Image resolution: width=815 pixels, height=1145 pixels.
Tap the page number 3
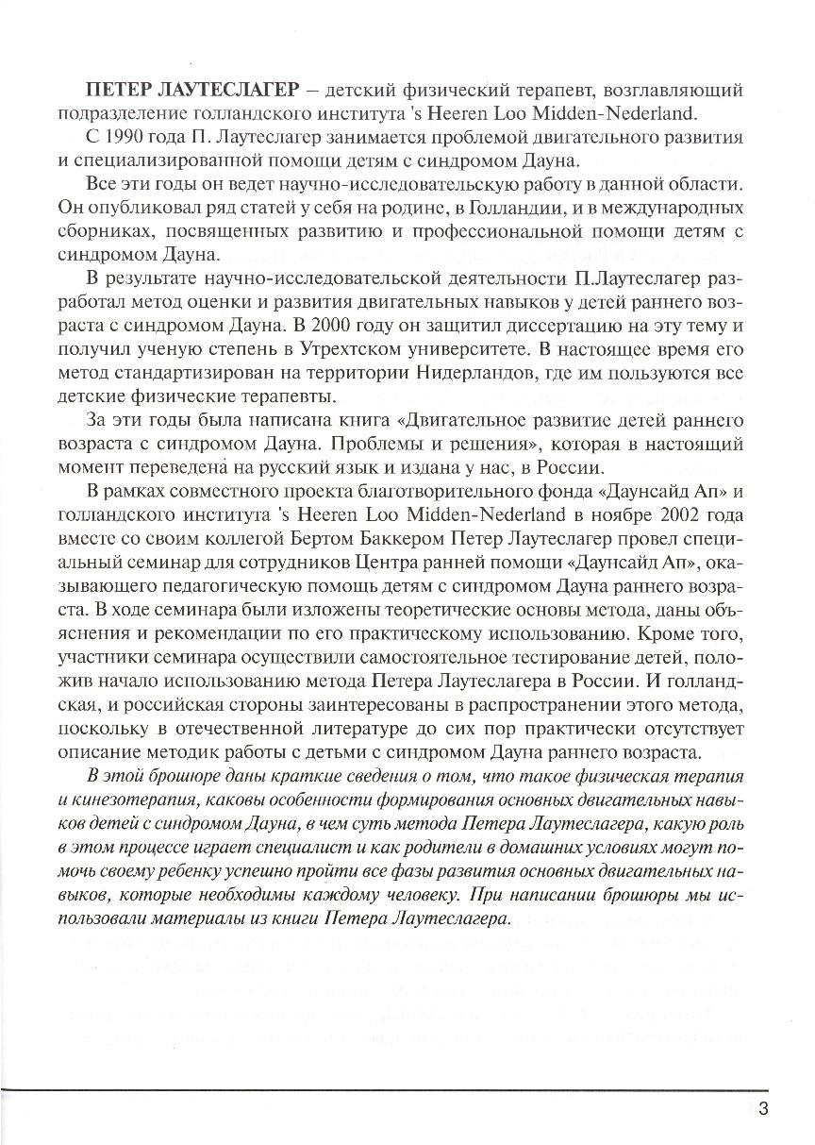(763, 1109)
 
